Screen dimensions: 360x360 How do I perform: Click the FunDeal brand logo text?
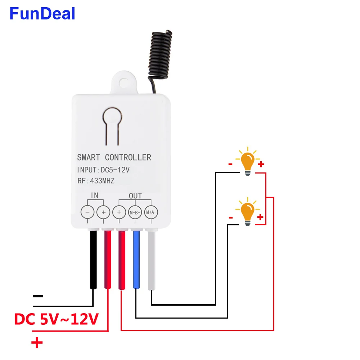(x=42, y=14)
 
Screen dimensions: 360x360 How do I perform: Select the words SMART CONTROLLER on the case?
(x=114, y=157)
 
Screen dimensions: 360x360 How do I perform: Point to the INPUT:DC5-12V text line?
(x=103, y=170)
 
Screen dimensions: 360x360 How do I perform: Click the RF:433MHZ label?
(x=96, y=181)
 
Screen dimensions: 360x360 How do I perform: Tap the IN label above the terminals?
(x=95, y=195)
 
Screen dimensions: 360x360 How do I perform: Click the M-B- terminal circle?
(x=135, y=212)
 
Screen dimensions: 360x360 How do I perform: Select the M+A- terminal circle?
(x=150, y=212)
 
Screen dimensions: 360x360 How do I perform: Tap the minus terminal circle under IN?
(x=87, y=212)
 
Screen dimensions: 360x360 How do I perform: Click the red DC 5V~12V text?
(x=56, y=319)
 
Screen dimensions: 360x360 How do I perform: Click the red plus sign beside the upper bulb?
(x=261, y=165)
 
